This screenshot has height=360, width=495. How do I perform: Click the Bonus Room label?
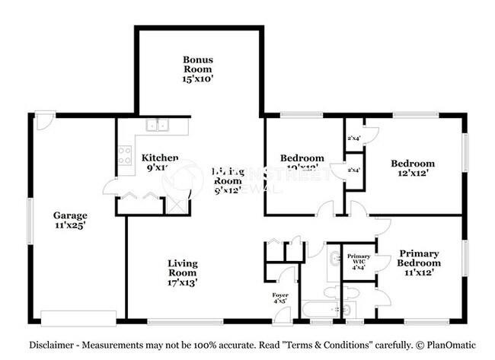pyautogui.click(x=196, y=68)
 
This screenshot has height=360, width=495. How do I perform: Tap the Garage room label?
pyautogui.click(x=69, y=221)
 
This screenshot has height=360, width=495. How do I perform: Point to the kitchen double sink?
pyautogui.click(x=158, y=126)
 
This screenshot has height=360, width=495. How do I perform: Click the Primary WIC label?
pyautogui.click(x=359, y=260)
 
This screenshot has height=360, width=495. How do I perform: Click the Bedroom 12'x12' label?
pyautogui.click(x=413, y=168)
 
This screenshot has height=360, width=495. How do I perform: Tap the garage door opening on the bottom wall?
pyautogui.click(x=78, y=317)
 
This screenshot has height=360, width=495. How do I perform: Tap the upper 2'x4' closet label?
pyautogui.click(x=353, y=139)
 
